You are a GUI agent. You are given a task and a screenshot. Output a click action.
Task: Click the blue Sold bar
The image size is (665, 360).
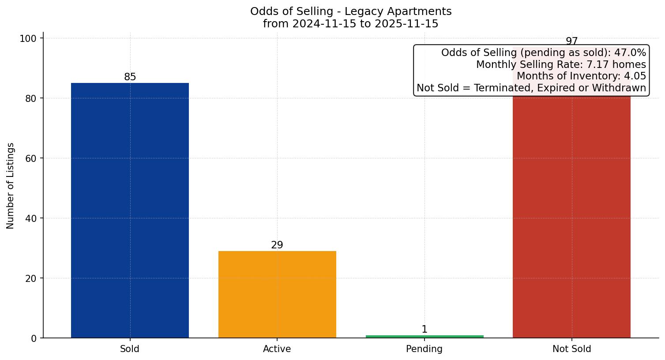[130, 210]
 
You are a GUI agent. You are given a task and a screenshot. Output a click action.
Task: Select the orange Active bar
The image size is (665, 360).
[277, 294]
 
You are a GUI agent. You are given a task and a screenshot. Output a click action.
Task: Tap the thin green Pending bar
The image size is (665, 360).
[425, 337]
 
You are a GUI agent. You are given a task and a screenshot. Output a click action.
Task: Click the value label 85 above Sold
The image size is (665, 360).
[130, 77]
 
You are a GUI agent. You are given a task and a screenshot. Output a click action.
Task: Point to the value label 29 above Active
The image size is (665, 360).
[277, 245]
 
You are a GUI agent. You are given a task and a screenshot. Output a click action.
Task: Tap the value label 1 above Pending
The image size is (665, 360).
[425, 330]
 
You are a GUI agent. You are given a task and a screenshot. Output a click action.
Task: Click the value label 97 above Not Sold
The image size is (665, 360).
[571, 41]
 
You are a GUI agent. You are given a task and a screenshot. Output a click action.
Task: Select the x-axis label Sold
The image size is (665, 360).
[130, 349]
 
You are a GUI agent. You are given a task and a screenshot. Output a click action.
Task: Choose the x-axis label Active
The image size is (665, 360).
[277, 349]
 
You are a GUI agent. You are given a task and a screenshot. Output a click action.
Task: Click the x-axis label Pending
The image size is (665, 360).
[425, 349]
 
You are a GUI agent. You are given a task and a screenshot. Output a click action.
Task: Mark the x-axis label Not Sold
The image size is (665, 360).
[571, 349]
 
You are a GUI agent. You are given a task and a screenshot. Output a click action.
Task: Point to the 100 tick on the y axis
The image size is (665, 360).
[28, 38]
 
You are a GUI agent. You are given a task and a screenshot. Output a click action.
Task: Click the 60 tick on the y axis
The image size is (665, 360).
[31, 158]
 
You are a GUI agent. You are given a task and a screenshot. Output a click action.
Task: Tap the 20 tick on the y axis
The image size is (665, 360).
[31, 278]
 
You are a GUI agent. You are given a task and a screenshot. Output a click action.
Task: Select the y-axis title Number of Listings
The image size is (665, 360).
[11, 186]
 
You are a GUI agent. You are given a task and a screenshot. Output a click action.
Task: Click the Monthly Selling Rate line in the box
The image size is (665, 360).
[560, 65]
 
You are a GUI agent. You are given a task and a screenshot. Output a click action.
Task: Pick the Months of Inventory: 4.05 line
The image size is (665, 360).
[581, 76]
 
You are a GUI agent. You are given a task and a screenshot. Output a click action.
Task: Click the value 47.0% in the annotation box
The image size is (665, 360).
[630, 53]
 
